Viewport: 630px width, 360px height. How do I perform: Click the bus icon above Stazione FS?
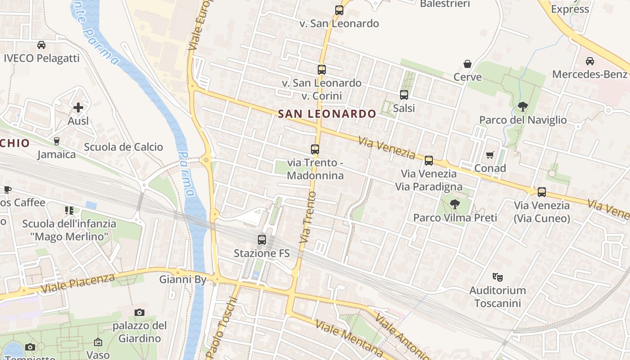tap(262, 240)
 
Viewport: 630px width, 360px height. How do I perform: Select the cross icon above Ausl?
tap(78, 108)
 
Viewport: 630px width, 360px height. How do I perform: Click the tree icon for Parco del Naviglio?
tap(522, 107)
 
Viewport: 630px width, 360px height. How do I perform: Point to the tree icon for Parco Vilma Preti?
tap(455, 204)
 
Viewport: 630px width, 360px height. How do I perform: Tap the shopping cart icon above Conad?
tap(490, 155)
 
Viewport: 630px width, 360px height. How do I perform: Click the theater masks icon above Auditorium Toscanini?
tap(497, 277)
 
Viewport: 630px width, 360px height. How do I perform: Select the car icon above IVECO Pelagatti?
tap(41, 45)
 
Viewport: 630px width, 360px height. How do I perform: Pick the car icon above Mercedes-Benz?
tap(590, 61)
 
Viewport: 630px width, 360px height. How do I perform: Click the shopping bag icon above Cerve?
tap(468, 64)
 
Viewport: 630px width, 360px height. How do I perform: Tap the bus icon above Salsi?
tap(404, 95)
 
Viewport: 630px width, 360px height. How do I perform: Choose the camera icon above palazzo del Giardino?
tap(139, 312)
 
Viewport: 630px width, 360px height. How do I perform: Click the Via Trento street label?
tap(308, 217)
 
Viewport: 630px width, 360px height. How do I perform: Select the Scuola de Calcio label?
tap(123, 147)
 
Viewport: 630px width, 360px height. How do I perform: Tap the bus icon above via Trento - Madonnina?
tap(315, 149)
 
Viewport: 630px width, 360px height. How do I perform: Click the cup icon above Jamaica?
tap(57, 141)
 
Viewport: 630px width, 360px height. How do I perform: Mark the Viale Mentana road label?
tap(349, 337)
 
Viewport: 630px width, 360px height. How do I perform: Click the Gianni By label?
tap(183, 279)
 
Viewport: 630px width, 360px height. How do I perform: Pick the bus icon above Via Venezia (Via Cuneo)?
tap(542, 192)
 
